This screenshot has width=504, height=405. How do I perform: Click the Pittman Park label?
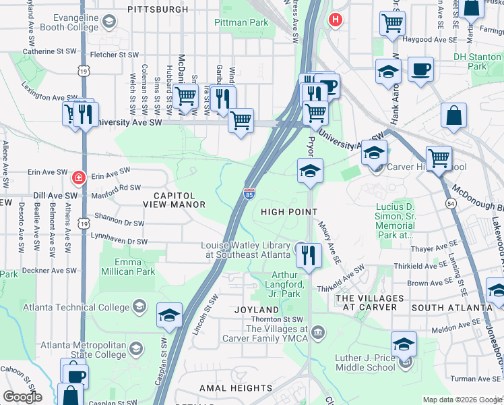pyautogui.click(x=241, y=23)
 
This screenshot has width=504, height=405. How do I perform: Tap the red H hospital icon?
pyautogui.click(x=334, y=20)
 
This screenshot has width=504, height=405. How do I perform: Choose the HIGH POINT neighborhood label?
pyautogui.click(x=289, y=212)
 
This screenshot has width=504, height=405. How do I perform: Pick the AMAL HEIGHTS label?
pyautogui.click(x=236, y=388)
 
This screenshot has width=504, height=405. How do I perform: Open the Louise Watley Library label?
pyautogui.click(x=246, y=250)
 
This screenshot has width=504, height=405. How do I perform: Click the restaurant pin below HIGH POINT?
pyautogui.click(x=308, y=255)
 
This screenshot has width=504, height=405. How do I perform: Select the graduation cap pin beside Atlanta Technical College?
pyautogui.click(x=169, y=316)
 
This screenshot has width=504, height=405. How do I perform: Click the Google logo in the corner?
pyautogui.click(x=22, y=397)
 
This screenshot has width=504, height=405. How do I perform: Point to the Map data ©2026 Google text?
pyautogui.click(x=462, y=400)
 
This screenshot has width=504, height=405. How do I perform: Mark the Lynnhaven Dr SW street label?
pyautogui.click(x=121, y=241)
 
